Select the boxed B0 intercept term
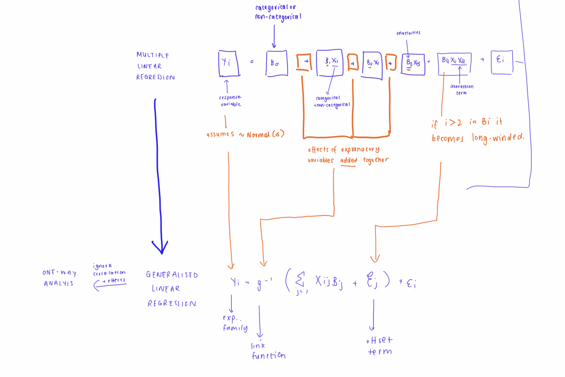click(x=277, y=64)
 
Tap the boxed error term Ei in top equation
click(x=501, y=62)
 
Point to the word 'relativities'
click(x=408, y=33)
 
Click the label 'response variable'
click(x=230, y=100)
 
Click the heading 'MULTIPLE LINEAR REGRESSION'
click(x=155, y=66)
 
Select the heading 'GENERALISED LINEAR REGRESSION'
click(x=172, y=289)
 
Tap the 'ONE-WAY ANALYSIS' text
click(x=59, y=278)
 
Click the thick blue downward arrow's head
click(x=161, y=247)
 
